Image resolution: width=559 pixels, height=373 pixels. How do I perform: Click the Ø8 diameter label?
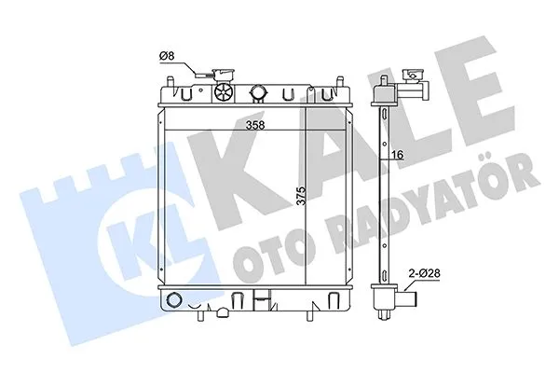[x=167, y=56]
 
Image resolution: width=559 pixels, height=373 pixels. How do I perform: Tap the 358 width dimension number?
[x=255, y=125]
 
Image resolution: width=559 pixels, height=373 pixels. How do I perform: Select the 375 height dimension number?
[x=302, y=196]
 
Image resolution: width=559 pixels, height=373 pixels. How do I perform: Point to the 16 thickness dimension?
[x=398, y=155]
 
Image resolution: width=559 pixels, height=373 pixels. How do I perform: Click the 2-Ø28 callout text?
[x=424, y=273]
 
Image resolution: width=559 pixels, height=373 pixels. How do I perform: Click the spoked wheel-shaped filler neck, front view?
[x=225, y=93]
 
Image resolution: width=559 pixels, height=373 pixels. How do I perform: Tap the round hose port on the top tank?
[x=258, y=92]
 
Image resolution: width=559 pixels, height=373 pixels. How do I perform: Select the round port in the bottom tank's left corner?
[x=174, y=299]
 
